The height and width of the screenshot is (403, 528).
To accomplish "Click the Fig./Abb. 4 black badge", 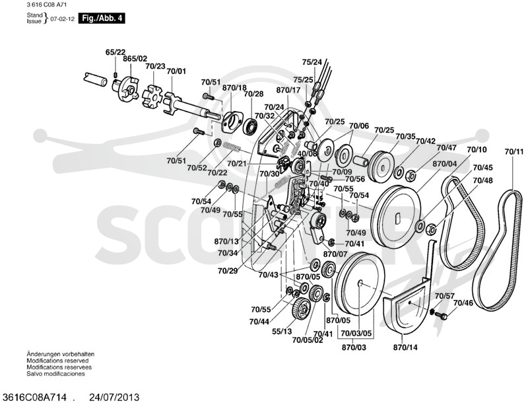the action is tap(102, 18).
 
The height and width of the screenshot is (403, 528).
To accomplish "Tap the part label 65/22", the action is tap(115, 52).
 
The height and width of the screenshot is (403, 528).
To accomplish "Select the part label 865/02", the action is tap(135, 59).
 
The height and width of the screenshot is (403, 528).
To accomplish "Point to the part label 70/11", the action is tap(514, 152).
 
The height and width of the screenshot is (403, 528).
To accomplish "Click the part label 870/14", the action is tap(405, 347).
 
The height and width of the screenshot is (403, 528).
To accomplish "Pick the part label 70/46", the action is tap(463, 303).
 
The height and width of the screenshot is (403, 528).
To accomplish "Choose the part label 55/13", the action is tap(282, 332).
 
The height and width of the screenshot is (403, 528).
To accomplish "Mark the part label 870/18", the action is tap(234, 88).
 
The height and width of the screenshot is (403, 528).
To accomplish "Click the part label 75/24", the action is tap(312, 62).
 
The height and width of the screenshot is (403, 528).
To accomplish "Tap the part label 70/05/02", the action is tap(308, 340).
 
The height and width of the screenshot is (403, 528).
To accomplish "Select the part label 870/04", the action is tap(444, 164).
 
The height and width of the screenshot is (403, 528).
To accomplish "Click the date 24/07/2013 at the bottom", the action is tap(114, 397).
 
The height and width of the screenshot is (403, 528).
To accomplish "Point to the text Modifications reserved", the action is tap(57, 361).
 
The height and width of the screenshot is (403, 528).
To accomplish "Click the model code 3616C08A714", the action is tap(34, 397).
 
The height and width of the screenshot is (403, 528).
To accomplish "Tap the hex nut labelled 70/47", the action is tap(411, 174).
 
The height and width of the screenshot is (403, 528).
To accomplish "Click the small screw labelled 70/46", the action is tap(441, 315).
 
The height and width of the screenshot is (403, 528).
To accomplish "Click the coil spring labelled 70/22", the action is tap(232, 147).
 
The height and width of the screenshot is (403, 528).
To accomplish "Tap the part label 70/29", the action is tap(228, 271).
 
